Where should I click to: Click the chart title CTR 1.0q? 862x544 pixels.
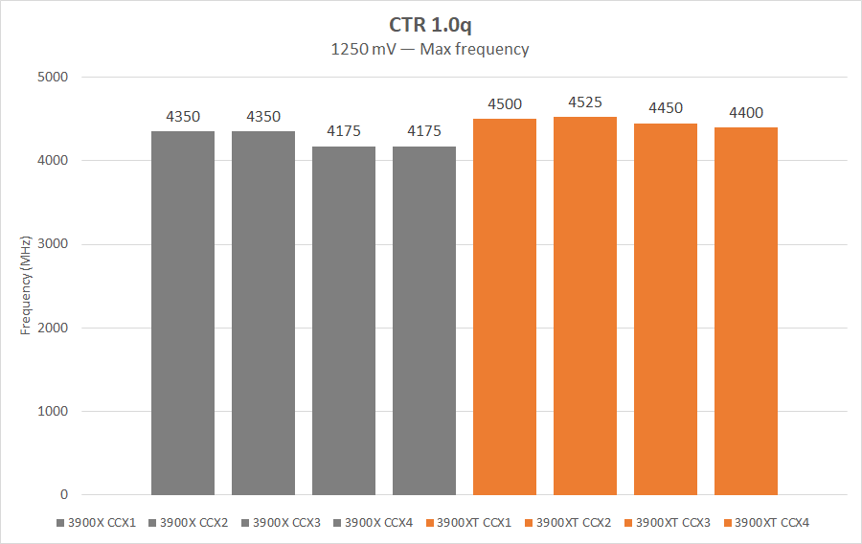[x=430, y=24]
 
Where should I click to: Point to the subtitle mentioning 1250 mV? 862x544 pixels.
[x=430, y=49]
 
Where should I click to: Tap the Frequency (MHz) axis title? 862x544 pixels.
[x=26, y=285]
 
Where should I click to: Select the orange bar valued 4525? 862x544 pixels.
[x=585, y=306]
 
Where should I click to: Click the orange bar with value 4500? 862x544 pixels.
[x=505, y=306]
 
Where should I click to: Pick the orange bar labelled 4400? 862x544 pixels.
[x=746, y=311]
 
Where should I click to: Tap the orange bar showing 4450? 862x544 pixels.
[x=666, y=309]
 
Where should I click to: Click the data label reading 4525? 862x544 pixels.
[x=585, y=102]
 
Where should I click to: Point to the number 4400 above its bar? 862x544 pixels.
[x=746, y=113]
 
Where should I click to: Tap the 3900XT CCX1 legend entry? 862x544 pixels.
[x=473, y=523]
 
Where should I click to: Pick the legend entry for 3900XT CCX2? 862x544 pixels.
[x=573, y=523]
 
